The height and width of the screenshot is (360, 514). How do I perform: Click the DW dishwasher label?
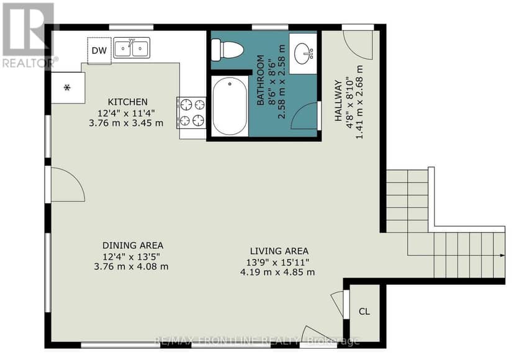pyautogui.click(x=99, y=50)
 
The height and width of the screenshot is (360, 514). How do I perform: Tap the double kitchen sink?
pyautogui.click(x=132, y=48)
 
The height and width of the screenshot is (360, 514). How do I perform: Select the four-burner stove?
pyautogui.click(x=191, y=113)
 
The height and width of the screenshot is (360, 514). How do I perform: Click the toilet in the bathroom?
pyautogui.click(x=227, y=50)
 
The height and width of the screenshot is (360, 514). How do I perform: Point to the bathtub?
pyautogui.click(x=230, y=106)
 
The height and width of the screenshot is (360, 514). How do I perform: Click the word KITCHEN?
pyautogui.click(x=128, y=102)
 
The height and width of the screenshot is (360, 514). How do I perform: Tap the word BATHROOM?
pyautogui.click(x=260, y=80)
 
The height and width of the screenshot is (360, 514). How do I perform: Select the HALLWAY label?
pyautogui.click(x=338, y=101)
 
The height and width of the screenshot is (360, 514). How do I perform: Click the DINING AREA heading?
pyautogui.click(x=133, y=245)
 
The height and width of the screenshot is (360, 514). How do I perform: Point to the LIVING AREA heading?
pyautogui.click(x=279, y=251)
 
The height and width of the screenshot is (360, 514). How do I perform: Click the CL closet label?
pyautogui.click(x=364, y=311)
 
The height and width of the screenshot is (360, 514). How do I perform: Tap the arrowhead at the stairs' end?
pyautogui.click(x=502, y=255)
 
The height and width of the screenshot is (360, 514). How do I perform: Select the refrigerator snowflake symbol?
pyautogui.click(x=67, y=88)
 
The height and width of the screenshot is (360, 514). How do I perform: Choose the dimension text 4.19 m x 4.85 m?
pyautogui.click(x=277, y=272)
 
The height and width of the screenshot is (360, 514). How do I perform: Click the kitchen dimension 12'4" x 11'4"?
pyautogui.click(x=126, y=113)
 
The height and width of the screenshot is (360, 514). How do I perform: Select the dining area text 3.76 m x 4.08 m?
pyautogui.click(x=131, y=266)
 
